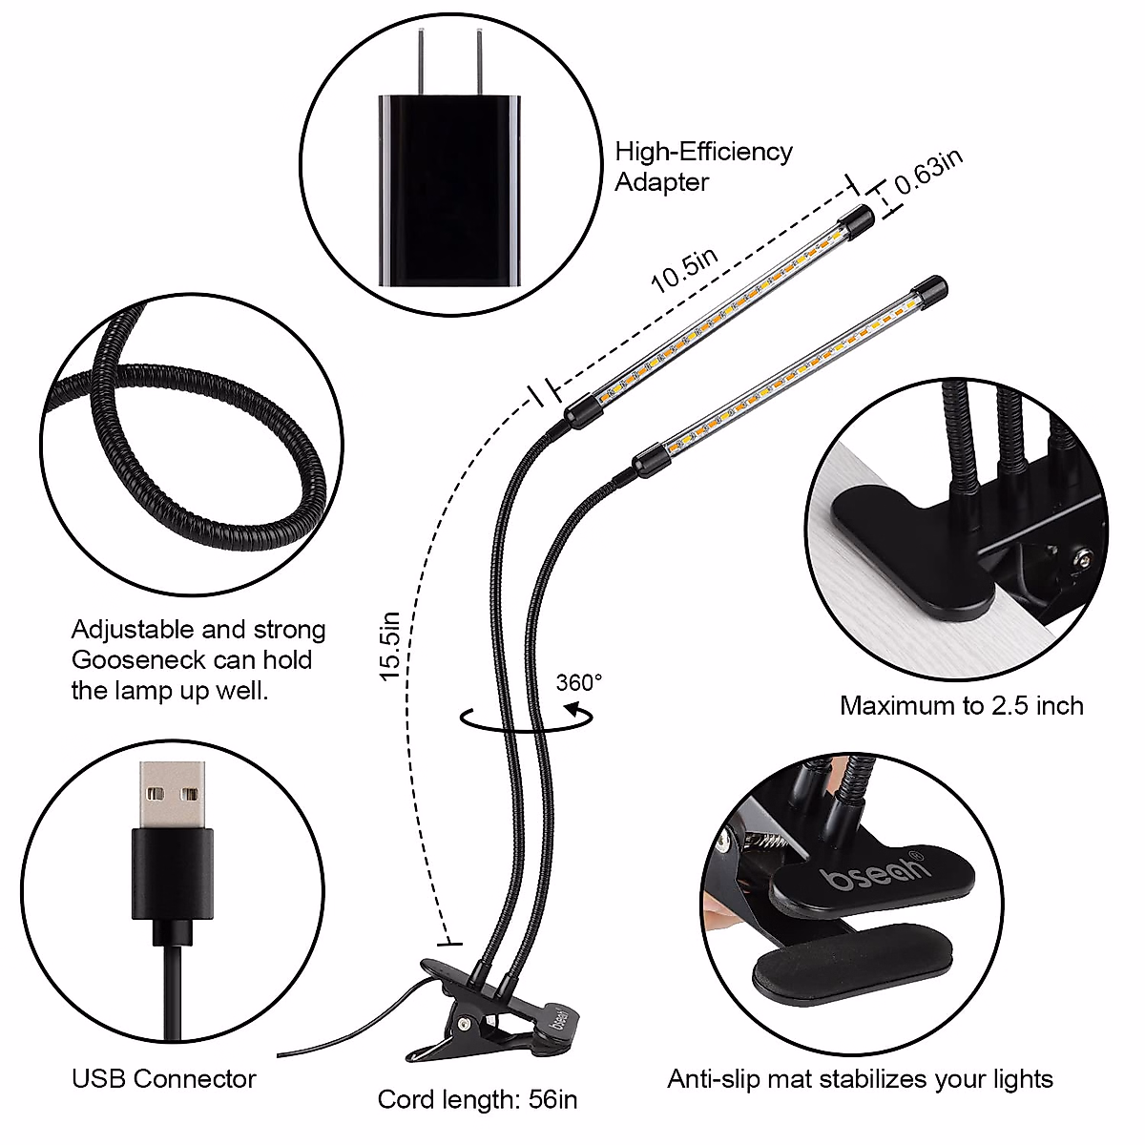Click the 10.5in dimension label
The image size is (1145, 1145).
[x=685, y=268]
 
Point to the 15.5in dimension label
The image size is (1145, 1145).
[x=390, y=646]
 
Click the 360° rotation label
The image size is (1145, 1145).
[x=579, y=682]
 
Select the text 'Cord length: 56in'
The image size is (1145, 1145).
[x=477, y=1098]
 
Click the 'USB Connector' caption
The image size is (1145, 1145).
[x=164, y=1078]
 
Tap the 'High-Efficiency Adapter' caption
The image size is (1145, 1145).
[x=703, y=166]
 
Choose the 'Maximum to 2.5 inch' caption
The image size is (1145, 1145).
[x=961, y=705]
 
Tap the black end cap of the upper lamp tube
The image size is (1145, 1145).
[x=855, y=221]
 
